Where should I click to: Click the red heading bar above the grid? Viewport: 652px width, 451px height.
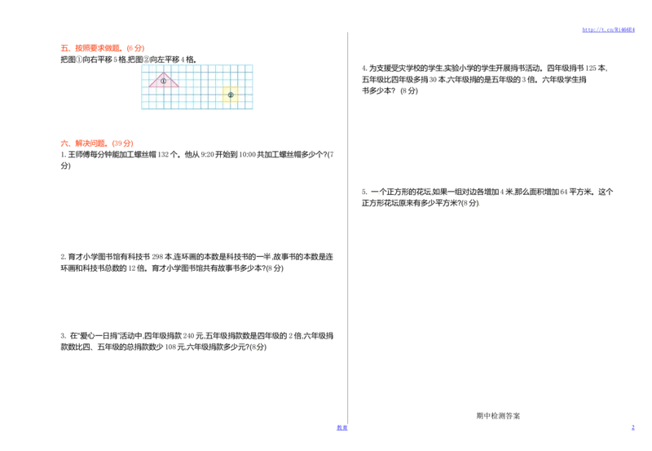pos(101,46)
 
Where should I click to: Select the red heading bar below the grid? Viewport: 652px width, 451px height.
pos(97,144)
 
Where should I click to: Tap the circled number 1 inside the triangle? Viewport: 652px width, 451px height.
pos(163,81)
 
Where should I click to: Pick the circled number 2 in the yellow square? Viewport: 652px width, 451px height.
pos(231,95)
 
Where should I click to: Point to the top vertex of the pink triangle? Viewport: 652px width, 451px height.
pos(163,73)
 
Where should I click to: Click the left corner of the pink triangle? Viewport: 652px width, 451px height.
pos(148,86)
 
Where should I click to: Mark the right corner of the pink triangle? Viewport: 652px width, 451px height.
pos(179,86)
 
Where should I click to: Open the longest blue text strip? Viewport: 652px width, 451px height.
pos(609,29)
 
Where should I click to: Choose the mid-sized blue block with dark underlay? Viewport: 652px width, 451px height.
pos(341,428)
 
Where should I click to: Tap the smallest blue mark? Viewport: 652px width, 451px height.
pos(632,427)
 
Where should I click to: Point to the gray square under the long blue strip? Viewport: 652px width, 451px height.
pos(590,36)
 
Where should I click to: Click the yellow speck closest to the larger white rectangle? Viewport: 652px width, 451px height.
pos(379,193)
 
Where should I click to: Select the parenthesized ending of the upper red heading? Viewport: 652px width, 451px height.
pos(136,47)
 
